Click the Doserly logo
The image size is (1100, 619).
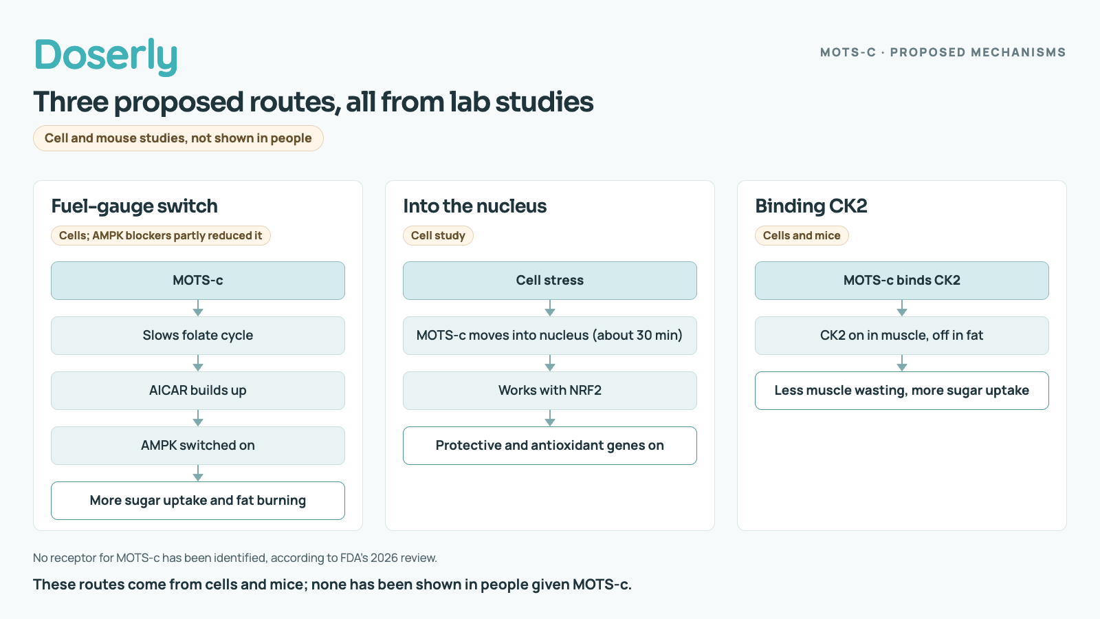pos(106,56)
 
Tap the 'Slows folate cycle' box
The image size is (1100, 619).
pos(198,336)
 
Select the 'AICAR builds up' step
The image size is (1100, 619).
pos(198,391)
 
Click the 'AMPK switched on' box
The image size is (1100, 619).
pos(198,446)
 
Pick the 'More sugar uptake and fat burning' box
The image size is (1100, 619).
pos(198,501)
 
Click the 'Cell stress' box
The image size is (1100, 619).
pos(550,281)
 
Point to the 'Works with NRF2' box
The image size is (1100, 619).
pos(550,391)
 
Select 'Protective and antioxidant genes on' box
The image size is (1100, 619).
pos(550,446)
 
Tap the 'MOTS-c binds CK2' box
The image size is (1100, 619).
pos(902,281)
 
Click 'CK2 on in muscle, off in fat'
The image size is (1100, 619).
pos(902,336)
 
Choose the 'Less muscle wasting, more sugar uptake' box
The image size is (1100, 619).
pos(902,391)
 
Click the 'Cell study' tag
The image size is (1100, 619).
pos(438,236)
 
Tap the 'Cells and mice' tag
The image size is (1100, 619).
pos(802,236)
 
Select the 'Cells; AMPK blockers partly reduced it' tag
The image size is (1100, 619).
pos(161,236)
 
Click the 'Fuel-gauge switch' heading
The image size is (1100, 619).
pos(135,206)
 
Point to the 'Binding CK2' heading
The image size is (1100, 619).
pos(811,206)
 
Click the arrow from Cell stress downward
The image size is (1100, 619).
pos(550,308)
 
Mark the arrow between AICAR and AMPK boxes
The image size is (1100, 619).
pos(198,418)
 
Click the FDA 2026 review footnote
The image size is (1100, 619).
pos(234,558)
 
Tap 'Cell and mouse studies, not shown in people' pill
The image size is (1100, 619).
pos(178,138)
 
